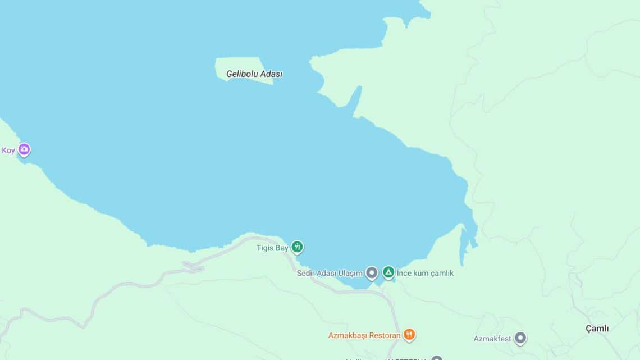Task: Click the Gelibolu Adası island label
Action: coord(254,74)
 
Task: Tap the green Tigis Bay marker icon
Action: coord(297,247)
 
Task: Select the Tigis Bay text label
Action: coord(272,248)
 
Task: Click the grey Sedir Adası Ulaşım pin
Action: coord(371,273)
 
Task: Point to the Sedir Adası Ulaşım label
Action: coord(330,274)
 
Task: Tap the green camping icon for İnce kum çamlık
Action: coord(388,272)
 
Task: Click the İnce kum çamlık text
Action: coord(425,274)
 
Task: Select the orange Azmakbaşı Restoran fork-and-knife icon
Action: coord(409,335)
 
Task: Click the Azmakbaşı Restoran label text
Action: coord(364,336)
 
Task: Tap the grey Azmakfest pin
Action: coord(520,338)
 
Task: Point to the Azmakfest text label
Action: coord(492,339)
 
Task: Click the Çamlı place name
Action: coord(597,329)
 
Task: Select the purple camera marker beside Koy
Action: coord(24,149)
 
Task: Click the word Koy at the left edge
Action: coord(8,151)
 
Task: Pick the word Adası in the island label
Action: coord(271,74)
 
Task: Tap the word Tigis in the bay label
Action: coord(266,248)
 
